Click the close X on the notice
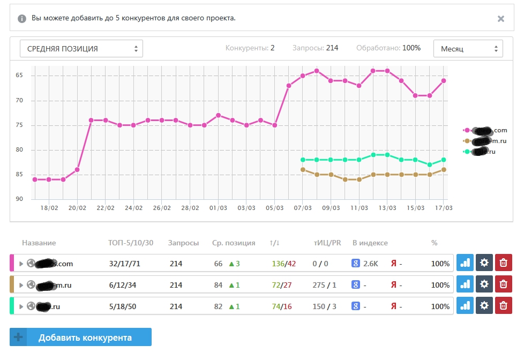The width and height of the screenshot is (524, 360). coord(500,19)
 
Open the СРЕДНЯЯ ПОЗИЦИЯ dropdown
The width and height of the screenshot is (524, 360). coord(81,48)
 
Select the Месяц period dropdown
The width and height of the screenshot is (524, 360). coord(468,48)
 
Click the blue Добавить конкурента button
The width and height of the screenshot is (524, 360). coord(80,337)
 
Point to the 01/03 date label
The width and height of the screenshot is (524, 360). coord(218,207)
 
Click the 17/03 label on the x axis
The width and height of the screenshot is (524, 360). coord(443,207)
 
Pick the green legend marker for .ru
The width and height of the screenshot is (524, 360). coord(467,152)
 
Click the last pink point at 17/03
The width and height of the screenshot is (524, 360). coord(444,81)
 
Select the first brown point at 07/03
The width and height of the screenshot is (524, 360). coord(303,170)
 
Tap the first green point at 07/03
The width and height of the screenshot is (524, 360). coord(303,160)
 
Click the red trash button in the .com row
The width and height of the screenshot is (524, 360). coord(503,263)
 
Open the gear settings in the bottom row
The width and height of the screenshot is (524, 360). coord(484,305)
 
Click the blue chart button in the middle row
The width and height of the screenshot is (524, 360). coord(465,284)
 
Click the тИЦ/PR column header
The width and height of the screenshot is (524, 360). coord(327,243)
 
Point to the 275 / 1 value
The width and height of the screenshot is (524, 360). coord(325,285)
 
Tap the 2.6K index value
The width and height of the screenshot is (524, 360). coord(370,264)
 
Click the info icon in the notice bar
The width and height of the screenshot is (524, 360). coord(22,18)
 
